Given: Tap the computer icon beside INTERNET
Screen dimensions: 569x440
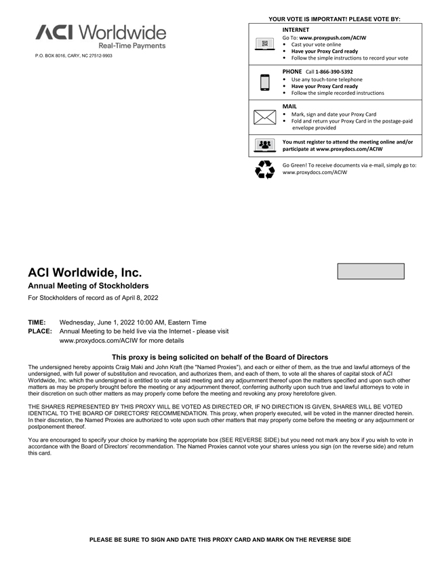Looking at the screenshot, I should (264, 44).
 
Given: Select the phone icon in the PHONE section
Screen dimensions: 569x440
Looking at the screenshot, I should (264, 82).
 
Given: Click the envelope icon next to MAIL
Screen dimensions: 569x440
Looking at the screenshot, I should (264, 117).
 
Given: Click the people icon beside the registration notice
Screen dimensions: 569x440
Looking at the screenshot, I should (264, 146).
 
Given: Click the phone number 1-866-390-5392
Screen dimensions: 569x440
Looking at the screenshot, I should (334, 71).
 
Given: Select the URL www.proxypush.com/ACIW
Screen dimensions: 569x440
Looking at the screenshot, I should (332, 38).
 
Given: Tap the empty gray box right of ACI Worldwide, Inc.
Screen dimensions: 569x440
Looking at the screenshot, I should (370, 271).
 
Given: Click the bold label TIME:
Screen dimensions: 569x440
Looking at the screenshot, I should (37, 322).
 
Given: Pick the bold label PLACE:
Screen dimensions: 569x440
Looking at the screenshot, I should (39, 331).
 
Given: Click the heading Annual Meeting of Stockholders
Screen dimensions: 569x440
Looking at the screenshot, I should (87, 286).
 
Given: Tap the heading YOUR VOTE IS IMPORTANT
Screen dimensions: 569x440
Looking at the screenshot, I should (334, 19).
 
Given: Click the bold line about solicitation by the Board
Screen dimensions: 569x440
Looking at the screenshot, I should (220, 357).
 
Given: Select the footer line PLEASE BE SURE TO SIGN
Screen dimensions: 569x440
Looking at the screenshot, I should (220, 539).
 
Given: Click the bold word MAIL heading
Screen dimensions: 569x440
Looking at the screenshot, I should (290, 106).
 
